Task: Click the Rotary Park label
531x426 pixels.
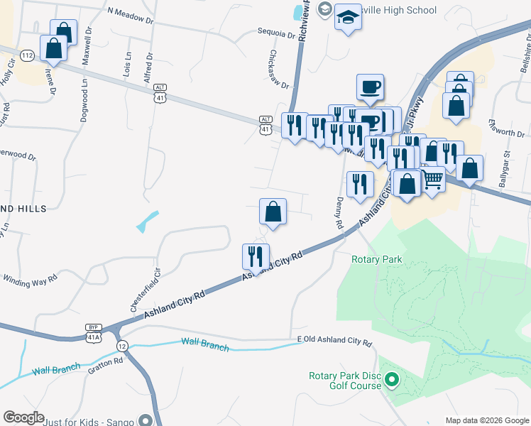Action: [x=376, y=259]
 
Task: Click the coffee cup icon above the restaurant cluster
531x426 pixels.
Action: [x=370, y=87]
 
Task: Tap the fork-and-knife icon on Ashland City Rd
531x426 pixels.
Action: [x=256, y=256]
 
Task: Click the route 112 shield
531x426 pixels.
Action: [x=28, y=55]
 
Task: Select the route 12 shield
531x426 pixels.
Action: [x=123, y=346]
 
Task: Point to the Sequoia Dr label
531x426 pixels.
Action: [x=275, y=33]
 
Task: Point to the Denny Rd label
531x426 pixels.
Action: [x=339, y=212]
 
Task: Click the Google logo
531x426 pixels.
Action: [x=23, y=417]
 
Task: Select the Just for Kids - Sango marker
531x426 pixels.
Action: [x=146, y=420]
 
